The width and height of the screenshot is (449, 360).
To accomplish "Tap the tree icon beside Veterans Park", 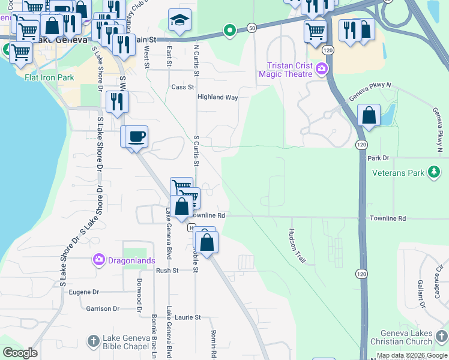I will click(x=433, y=173).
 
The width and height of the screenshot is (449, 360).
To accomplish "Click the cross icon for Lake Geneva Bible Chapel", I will click(x=92, y=341).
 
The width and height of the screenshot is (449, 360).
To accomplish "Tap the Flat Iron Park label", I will click(x=49, y=77).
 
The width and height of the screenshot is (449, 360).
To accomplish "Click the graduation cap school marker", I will click(x=179, y=21).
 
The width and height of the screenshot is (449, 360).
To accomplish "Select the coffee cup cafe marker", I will click(x=136, y=137).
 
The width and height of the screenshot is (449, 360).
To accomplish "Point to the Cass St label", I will click(x=182, y=87).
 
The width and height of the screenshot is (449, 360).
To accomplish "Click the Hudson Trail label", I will click(x=297, y=246).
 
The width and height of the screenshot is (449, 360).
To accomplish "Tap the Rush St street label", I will click(x=167, y=271).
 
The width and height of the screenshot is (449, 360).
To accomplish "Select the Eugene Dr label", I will click(x=83, y=292).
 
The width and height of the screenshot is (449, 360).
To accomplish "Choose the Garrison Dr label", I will click(x=98, y=308).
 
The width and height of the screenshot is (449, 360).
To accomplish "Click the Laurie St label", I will click(x=188, y=317).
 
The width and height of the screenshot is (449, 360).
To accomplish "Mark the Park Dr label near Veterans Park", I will click(x=378, y=158).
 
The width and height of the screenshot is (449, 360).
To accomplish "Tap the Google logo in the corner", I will click(x=20, y=353).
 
